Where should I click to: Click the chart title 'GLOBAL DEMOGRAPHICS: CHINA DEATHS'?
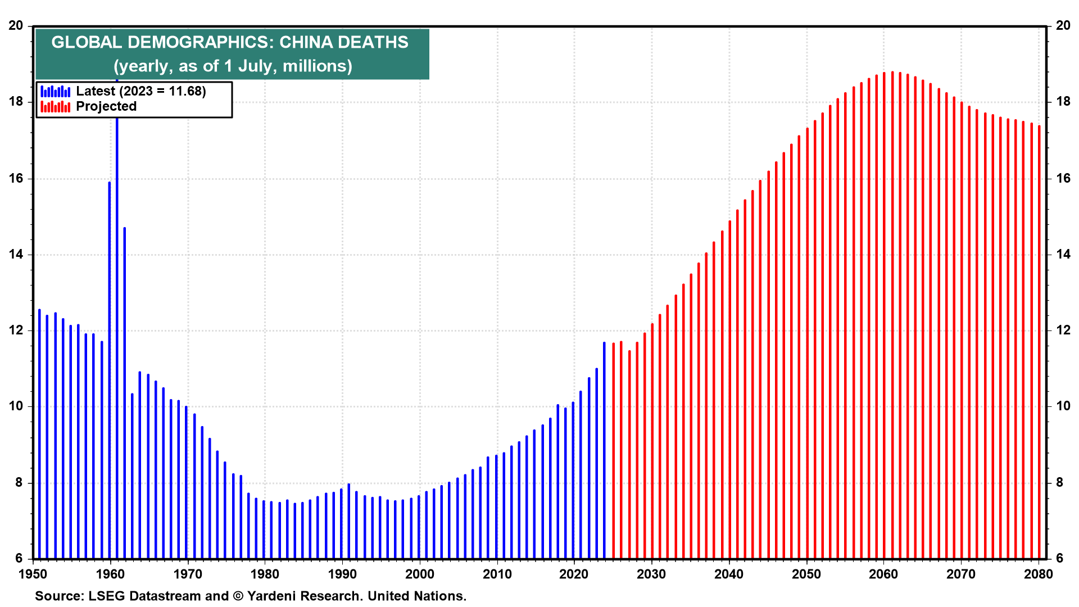(230, 42)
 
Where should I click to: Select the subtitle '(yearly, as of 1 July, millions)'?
(233, 66)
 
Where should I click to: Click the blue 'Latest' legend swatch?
(55, 91)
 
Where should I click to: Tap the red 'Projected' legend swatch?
(55, 106)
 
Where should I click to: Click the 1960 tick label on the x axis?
(111, 574)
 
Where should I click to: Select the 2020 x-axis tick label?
(574, 574)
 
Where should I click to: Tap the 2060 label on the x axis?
(883, 574)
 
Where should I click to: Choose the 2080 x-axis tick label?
(1039, 574)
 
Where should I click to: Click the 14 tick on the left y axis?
(16, 254)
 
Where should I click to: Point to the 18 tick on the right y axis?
(1063, 102)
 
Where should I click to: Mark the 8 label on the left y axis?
(19, 482)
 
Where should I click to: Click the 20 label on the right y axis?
(1063, 25)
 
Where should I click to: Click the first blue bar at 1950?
(39, 434)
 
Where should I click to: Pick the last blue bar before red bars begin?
(605, 450)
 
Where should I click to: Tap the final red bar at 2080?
(1039, 342)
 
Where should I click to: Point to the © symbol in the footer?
(238, 596)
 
